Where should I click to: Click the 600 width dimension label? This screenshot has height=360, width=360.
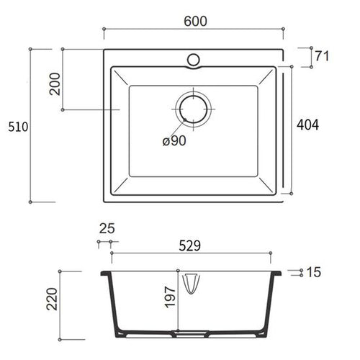point(195,21)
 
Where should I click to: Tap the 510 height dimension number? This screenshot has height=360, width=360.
point(16,127)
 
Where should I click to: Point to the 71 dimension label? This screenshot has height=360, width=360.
point(323,55)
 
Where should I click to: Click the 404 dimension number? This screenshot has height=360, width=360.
point(307,125)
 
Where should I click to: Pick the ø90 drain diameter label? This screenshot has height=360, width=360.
point(174,141)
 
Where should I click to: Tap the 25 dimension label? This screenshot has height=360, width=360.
point(106,229)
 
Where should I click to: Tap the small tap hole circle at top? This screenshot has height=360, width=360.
point(194,58)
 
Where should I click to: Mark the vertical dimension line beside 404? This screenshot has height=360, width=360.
point(291,130)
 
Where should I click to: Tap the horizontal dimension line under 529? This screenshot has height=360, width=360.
point(191,254)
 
